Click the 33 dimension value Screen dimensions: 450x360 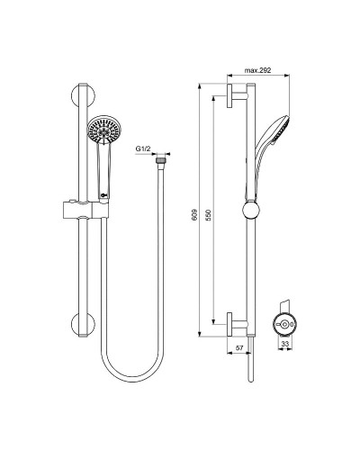(285, 345)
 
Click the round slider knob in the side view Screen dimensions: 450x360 (248, 212)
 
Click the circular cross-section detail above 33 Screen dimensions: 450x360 (285, 323)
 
